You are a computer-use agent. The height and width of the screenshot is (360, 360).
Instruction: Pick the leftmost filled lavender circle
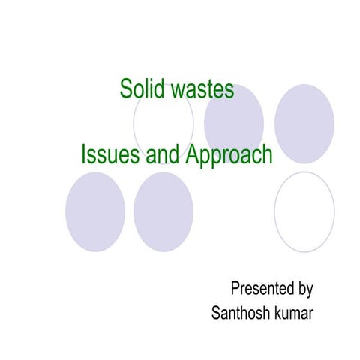coord(95,211)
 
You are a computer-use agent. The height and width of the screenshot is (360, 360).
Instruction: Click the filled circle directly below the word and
coord(163,211)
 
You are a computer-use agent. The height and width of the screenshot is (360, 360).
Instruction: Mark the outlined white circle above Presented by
coord(304,211)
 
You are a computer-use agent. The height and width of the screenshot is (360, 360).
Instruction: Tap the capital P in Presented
coord(235,288)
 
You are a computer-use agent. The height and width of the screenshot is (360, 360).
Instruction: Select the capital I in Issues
coord(84,155)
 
